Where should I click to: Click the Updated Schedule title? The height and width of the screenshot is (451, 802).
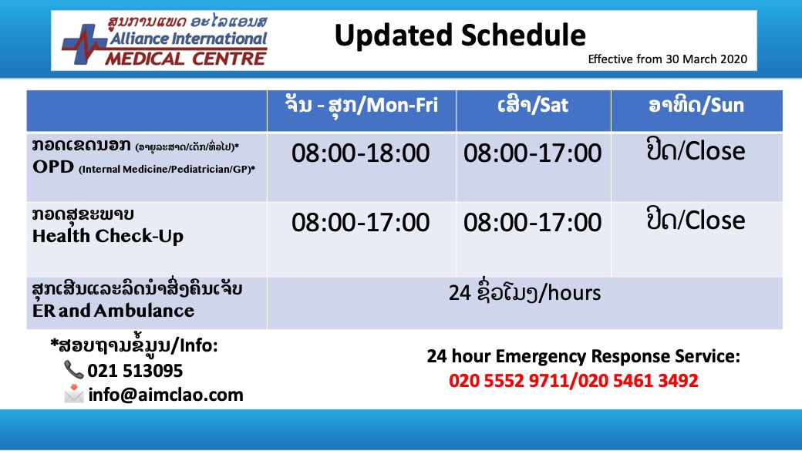pos(460,35)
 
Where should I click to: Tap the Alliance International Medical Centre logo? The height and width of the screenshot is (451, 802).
pos(164,40)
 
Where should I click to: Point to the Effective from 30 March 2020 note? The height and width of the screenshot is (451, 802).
pos(668,59)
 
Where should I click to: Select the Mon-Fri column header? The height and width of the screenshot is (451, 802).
pos(362,105)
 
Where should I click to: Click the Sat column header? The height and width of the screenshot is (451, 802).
pos(533,105)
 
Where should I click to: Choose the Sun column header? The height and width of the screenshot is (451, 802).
pos(696,105)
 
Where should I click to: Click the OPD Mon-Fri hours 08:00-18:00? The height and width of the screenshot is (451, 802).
pos(361,153)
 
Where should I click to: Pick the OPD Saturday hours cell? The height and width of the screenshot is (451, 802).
pos(532,153)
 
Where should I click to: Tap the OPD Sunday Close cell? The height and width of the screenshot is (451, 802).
pos(696,151)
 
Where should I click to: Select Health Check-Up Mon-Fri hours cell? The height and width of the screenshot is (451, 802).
pos(361,223)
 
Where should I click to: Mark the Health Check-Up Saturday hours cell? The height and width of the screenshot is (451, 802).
pos(532,223)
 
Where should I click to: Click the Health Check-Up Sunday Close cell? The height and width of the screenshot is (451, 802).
pos(696,220)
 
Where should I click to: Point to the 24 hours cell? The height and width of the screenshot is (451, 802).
pos(525,293)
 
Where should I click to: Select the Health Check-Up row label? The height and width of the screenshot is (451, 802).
pos(107,225)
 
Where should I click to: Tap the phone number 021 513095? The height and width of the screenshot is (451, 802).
pos(135,371)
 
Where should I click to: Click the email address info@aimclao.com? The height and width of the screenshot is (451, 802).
pos(166,395)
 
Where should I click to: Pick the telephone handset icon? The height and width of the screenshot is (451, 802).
pos(73,370)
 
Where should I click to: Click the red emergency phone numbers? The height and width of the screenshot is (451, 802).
pos(574,380)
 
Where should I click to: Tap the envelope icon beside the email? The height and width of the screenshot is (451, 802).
pos(74,393)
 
